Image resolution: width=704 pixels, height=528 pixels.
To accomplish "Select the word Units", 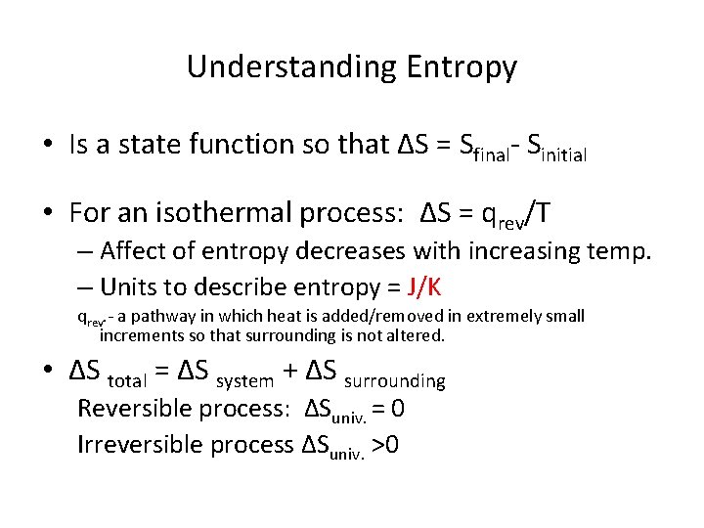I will click(x=130, y=287).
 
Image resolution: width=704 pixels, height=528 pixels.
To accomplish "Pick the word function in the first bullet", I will click(x=238, y=146).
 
